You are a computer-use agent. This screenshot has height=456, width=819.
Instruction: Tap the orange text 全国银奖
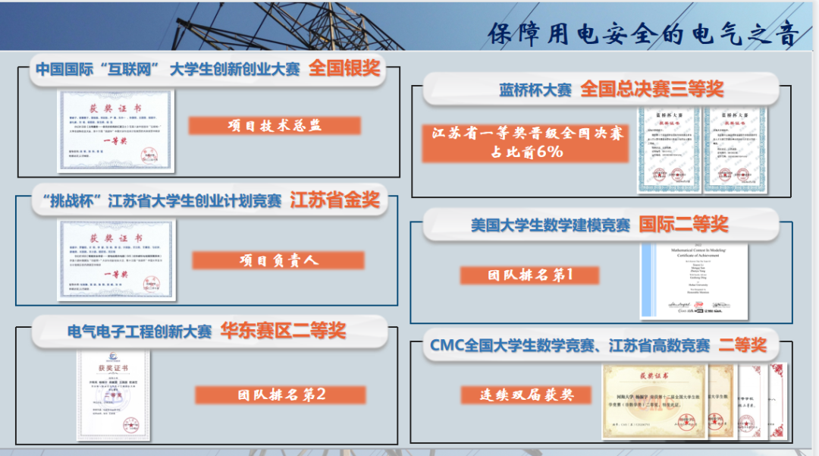(x=344, y=68)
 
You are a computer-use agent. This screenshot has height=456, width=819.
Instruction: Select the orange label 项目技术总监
(x=275, y=126)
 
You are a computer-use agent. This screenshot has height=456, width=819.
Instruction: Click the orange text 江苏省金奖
(x=334, y=200)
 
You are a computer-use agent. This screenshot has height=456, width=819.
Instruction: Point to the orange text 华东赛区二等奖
(x=283, y=331)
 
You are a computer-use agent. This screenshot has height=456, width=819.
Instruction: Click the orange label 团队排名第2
(x=281, y=395)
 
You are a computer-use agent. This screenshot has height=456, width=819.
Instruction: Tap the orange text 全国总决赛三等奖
(x=651, y=89)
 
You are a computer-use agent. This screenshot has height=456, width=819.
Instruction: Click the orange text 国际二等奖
(x=683, y=224)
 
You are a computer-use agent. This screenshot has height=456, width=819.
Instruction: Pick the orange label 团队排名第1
(x=530, y=275)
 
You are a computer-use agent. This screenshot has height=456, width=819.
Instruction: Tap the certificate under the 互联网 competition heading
(x=116, y=131)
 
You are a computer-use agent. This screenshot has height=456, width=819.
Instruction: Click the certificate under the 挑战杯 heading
(x=116, y=260)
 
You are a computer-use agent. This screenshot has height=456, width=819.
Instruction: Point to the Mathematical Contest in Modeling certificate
(x=694, y=281)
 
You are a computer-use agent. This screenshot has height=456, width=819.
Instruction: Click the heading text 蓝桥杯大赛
(x=535, y=90)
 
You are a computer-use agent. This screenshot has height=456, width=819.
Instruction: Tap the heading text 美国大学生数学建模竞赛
(x=551, y=225)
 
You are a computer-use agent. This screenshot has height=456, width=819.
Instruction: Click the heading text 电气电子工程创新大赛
(x=140, y=332)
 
